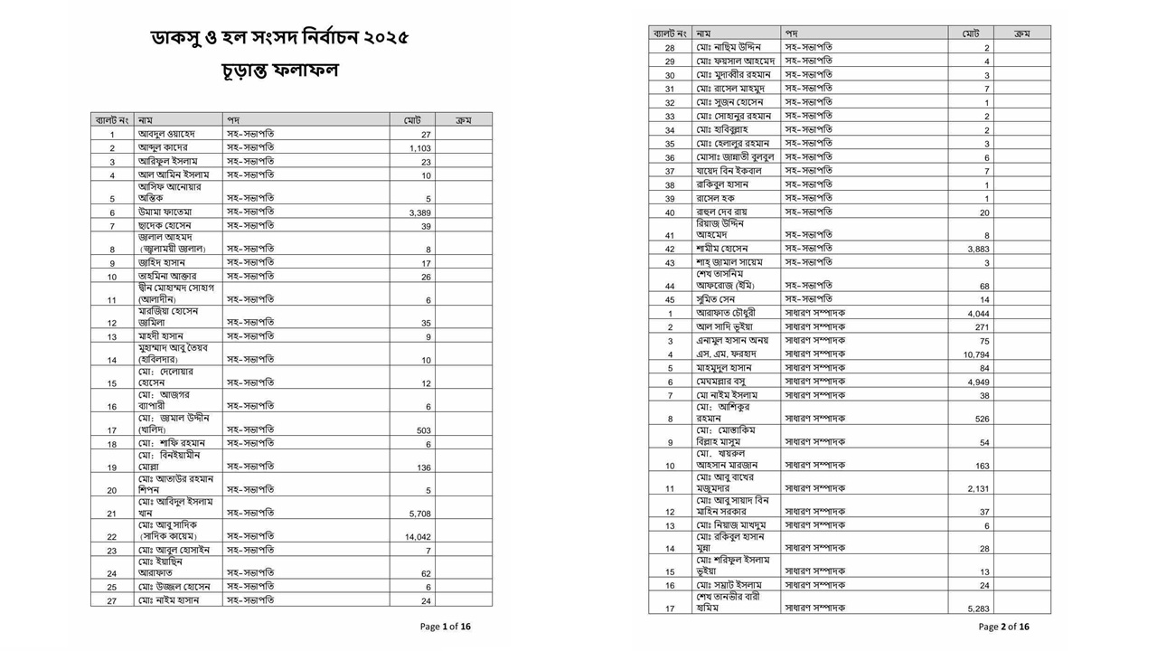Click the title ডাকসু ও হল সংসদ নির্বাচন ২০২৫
click(x=279, y=38)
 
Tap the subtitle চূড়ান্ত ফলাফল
click(x=279, y=71)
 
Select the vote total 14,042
click(x=418, y=536)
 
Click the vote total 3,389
click(x=419, y=212)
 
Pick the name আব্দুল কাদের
click(x=163, y=147)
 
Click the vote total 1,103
click(x=419, y=148)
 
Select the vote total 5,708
click(x=419, y=514)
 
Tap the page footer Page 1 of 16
click(x=445, y=626)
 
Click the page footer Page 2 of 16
click(x=1003, y=626)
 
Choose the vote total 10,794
click(x=975, y=354)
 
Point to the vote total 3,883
click(x=978, y=249)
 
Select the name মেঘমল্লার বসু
click(x=727, y=382)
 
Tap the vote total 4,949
click(x=978, y=382)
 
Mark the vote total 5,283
click(x=978, y=609)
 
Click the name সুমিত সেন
click(x=716, y=299)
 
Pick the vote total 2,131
click(x=978, y=489)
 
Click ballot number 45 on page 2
click(x=670, y=299)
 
